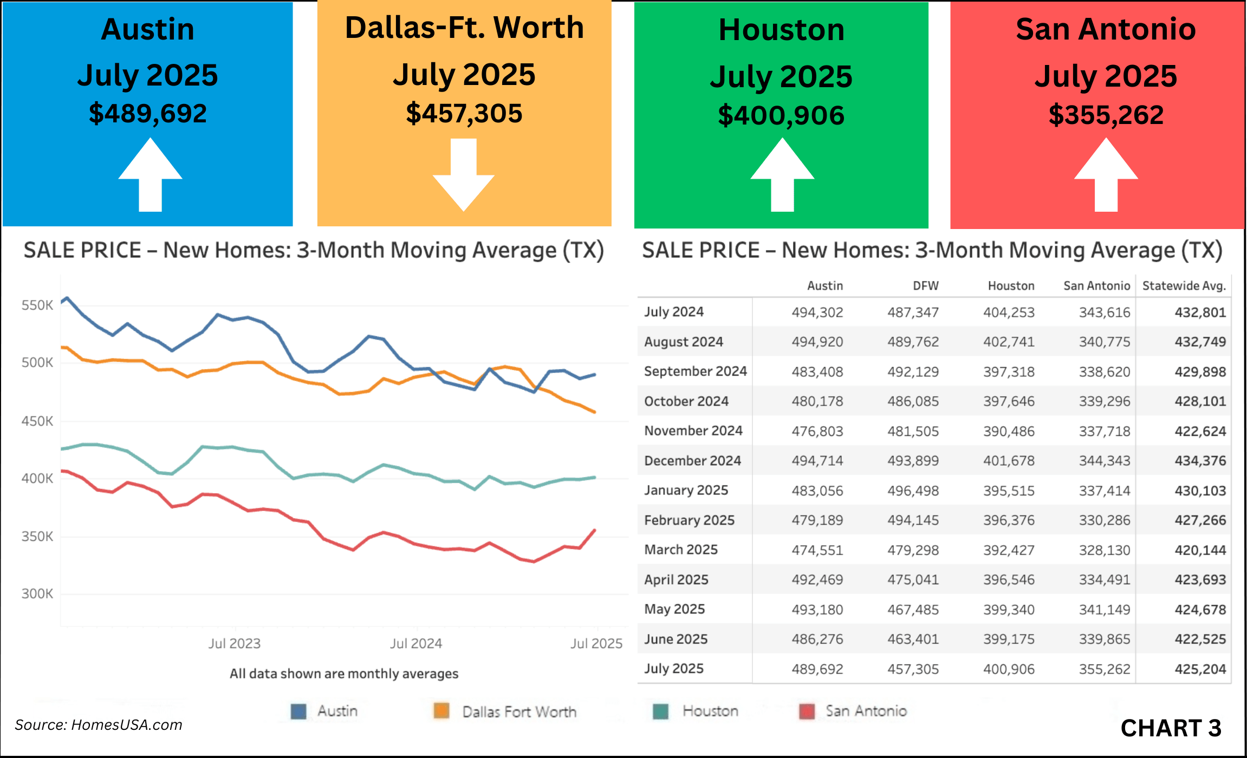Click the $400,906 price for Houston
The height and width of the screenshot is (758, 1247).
point(781,116)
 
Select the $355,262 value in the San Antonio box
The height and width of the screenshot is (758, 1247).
point(1106,115)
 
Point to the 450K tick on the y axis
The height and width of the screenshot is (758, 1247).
point(37,421)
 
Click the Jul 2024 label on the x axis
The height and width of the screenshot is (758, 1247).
point(416,643)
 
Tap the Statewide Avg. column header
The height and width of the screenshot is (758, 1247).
point(1184,286)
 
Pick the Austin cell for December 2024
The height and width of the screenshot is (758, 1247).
point(817,461)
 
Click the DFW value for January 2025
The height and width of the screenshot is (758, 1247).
point(913,491)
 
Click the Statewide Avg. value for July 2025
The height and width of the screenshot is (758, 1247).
point(1200,669)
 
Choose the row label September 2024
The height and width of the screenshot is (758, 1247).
point(695,371)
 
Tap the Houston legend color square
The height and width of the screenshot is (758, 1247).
point(660,711)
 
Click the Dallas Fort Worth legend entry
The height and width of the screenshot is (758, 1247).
point(518,711)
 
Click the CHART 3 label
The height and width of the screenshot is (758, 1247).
point(1170,728)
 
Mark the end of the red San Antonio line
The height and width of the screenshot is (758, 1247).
point(595,530)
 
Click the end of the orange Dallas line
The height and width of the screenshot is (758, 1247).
point(595,412)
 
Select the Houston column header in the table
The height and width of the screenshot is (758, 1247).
point(1011,286)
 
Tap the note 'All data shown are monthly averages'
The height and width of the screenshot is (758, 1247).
point(344,674)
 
